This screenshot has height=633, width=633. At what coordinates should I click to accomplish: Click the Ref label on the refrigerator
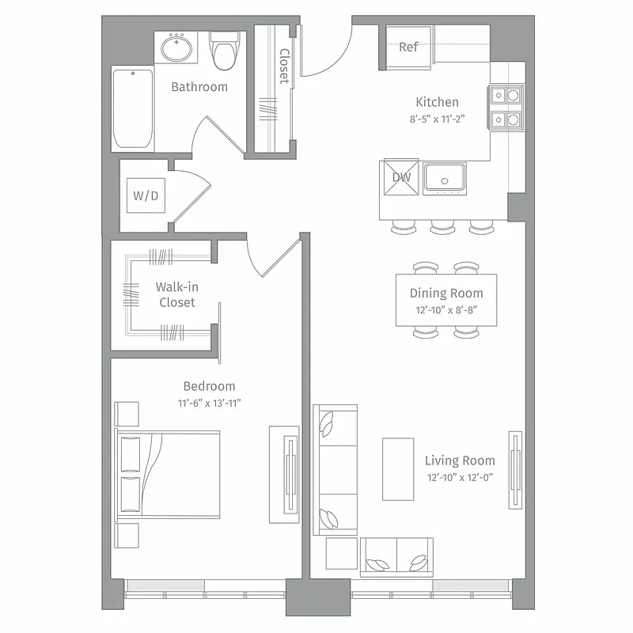408,47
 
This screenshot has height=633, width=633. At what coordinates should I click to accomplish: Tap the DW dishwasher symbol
401,177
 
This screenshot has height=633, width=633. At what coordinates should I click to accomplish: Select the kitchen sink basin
444,177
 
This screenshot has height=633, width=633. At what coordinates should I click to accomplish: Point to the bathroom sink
177,48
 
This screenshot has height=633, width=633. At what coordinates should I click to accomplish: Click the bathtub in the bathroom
132,109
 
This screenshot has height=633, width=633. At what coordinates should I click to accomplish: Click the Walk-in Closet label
176,294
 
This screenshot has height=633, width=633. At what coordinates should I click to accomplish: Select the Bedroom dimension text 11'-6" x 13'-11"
209,403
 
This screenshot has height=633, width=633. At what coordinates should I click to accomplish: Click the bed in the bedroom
168,473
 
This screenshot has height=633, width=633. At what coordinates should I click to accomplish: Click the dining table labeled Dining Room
446,299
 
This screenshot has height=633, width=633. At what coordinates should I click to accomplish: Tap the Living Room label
460,461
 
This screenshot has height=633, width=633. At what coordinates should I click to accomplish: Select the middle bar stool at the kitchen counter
442,228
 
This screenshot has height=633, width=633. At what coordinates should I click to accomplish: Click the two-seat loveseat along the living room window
396,557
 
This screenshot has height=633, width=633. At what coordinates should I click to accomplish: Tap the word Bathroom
199,87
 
